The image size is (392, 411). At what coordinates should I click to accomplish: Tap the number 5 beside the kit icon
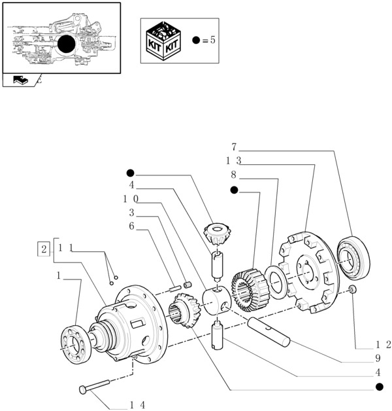click(212, 41)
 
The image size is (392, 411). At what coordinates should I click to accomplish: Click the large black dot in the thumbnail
click(67, 45)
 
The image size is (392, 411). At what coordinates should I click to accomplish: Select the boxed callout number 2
click(44, 249)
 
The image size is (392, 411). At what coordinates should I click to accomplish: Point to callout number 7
click(233, 147)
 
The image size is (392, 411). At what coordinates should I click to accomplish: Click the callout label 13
click(234, 161)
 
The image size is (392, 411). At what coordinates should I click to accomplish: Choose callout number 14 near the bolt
click(137, 406)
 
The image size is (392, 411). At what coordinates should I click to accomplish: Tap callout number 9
click(378, 358)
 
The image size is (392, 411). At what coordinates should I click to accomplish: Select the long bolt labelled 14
click(105, 386)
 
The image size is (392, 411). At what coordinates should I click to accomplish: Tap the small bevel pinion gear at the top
click(215, 233)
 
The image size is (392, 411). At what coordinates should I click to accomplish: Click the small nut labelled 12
click(353, 289)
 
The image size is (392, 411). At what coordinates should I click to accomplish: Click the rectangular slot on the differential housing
click(137, 323)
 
